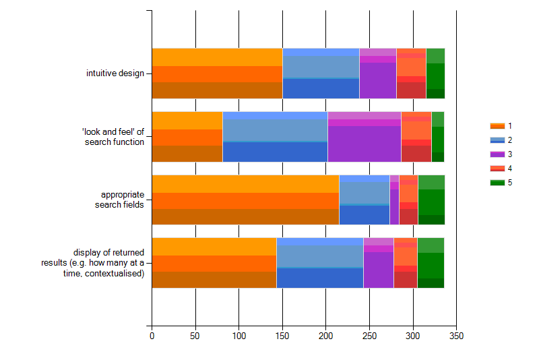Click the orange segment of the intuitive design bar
pos(217,73)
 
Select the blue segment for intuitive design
pos(321,73)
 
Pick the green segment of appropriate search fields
pos(431,200)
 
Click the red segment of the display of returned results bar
pos(405,263)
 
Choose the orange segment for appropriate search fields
pos(245,200)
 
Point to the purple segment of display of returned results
pos(378,263)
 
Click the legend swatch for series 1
pos(497,126)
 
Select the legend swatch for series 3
pos(497,154)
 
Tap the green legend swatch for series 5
pos(497,183)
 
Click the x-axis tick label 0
pos(152,335)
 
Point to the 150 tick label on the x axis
pos(282,335)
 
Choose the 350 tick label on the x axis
pos(457,335)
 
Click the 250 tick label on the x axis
pos(369,335)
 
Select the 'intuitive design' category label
pos(115,73)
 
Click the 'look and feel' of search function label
pos(115,137)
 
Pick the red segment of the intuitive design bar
pos(411,73)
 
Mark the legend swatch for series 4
pos(497,169)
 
